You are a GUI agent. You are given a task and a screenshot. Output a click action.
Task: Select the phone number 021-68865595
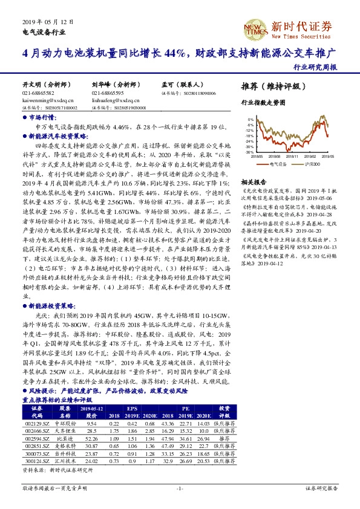click(x=108, y=94)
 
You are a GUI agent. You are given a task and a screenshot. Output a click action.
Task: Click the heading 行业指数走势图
click(x=263, y=103)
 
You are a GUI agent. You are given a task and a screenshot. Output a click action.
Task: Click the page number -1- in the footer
click(x=180, y=488)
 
